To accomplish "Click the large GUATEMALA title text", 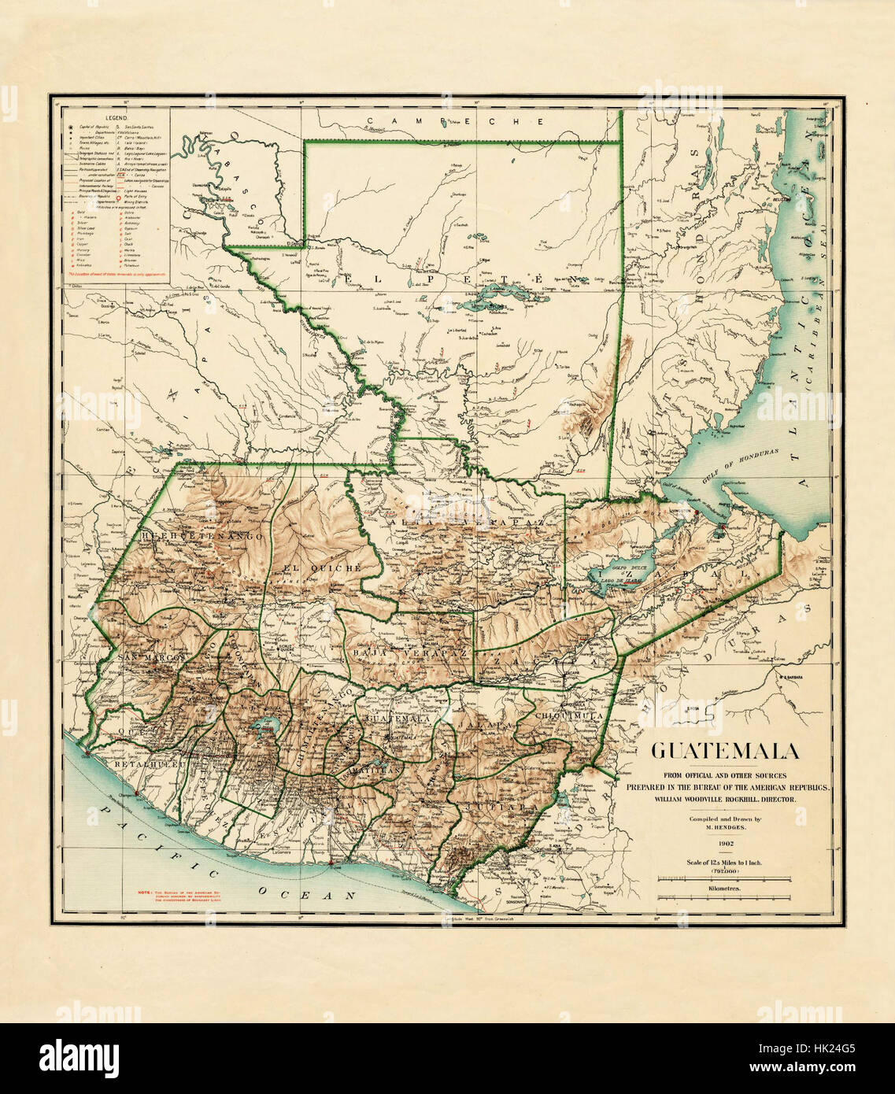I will (724, 751).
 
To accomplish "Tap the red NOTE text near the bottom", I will (181, 896).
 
